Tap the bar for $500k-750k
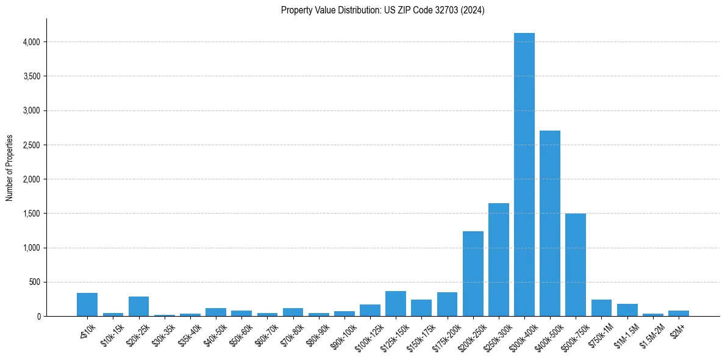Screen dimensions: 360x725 click(575, 265)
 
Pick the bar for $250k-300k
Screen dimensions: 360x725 click(498, 260)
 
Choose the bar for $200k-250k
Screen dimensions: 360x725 click(473, 274)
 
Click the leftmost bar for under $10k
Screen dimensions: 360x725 click(87, 304)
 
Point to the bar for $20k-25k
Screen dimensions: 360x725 click(138, 306)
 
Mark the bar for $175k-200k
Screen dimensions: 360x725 click(447, 304)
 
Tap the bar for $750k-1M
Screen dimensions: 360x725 click(601, 308)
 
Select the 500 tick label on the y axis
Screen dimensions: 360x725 click(34, 283)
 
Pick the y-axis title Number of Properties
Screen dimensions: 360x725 click(10, 168)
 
